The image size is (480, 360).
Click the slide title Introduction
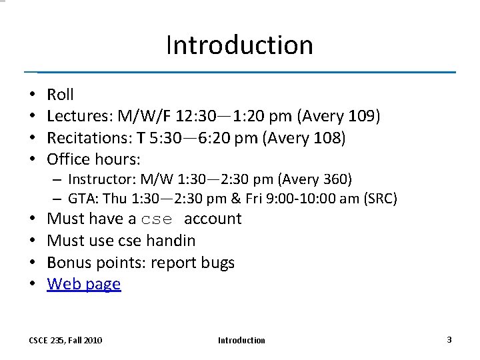click(x=239, y=45)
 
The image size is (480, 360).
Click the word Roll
click(x=60, y=95)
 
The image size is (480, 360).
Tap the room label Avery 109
click(x=339, y=117)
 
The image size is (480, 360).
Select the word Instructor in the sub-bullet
click(x=96, y=179)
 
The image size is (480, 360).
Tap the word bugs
click(x=217, y=263)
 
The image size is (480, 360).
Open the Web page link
click(x=84, y=284)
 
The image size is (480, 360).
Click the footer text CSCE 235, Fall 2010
click(x=65, y=341)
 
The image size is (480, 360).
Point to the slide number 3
click(x=449, y=340)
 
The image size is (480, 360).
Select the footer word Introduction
click(x=241, y=341)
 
